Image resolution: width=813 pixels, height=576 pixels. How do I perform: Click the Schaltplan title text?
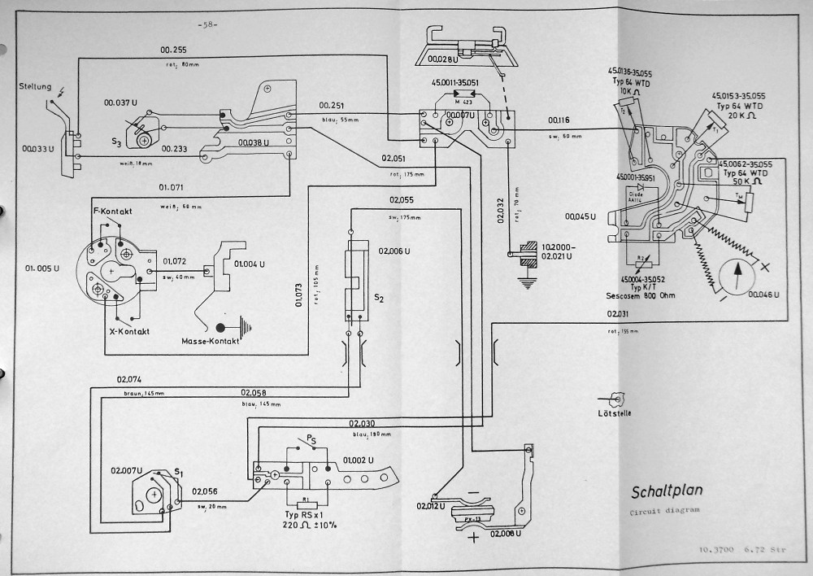pyautogui.click(x=667, y=491)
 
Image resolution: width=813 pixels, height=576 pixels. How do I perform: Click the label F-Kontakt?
pyautogui.click(x=114, y=212)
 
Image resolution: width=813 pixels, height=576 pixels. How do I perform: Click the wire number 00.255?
pyautogui.click(x=173, y=50)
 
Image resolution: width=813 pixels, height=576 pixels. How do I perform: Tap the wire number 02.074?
pyautogui.click(x=130, y=379)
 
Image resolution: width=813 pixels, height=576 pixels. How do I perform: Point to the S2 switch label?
pyautogui.click(x=378, y=299)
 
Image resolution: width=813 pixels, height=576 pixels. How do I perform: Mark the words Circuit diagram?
pyautogui.click(x=665, y=512)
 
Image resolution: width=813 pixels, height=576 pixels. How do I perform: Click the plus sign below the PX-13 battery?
pyautogui.click(x=471, y=539)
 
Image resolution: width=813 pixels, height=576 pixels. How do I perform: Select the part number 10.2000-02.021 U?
pyautogui.click(x=559, y=251)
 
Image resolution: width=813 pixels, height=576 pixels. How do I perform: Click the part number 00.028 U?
pyautogui.click(x=429, y=58)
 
